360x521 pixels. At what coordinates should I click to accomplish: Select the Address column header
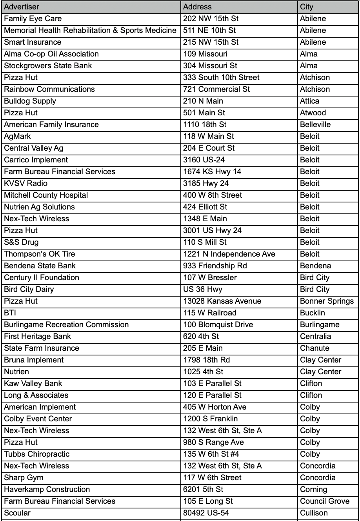tap(197, 7)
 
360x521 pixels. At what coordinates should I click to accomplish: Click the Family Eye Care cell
tap(33, 18)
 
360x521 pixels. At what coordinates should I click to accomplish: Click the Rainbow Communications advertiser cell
tap(49, 89)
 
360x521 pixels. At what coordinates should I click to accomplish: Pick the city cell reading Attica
tap(310, 101)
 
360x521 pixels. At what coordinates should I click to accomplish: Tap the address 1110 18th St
tap(205, 124)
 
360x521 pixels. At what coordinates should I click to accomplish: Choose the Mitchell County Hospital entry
tap(46, 195)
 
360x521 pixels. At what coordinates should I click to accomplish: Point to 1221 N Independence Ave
tap(229, 254)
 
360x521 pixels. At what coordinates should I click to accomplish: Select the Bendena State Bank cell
tap(40, 266)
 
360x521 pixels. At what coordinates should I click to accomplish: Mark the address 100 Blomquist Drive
tap(218, 324)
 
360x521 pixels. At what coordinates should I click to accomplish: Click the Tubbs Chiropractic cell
tap(36, 454)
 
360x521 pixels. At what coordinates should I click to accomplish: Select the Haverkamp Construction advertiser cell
tap(47, 489)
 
